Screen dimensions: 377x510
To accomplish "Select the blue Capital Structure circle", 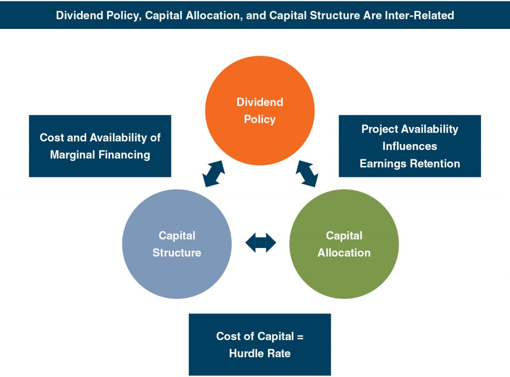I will click(177, 269).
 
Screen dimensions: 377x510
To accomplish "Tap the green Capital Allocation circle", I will click(344, 271).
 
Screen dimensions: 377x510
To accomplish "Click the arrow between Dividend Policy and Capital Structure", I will click(214, 174).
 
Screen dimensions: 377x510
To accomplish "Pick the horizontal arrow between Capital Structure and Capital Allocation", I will click(260, 243).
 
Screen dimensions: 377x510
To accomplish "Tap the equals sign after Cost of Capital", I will click(299, 336).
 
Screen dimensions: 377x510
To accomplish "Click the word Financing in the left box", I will click(125, 154).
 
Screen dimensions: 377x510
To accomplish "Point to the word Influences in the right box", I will click(409, 146).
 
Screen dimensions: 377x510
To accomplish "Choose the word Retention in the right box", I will click(436, 163).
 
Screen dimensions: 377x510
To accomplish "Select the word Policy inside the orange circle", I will click(259, 120).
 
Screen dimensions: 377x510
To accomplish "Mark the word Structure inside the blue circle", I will click(177, 252).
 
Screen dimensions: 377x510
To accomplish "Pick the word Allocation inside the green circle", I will click(344, 252).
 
